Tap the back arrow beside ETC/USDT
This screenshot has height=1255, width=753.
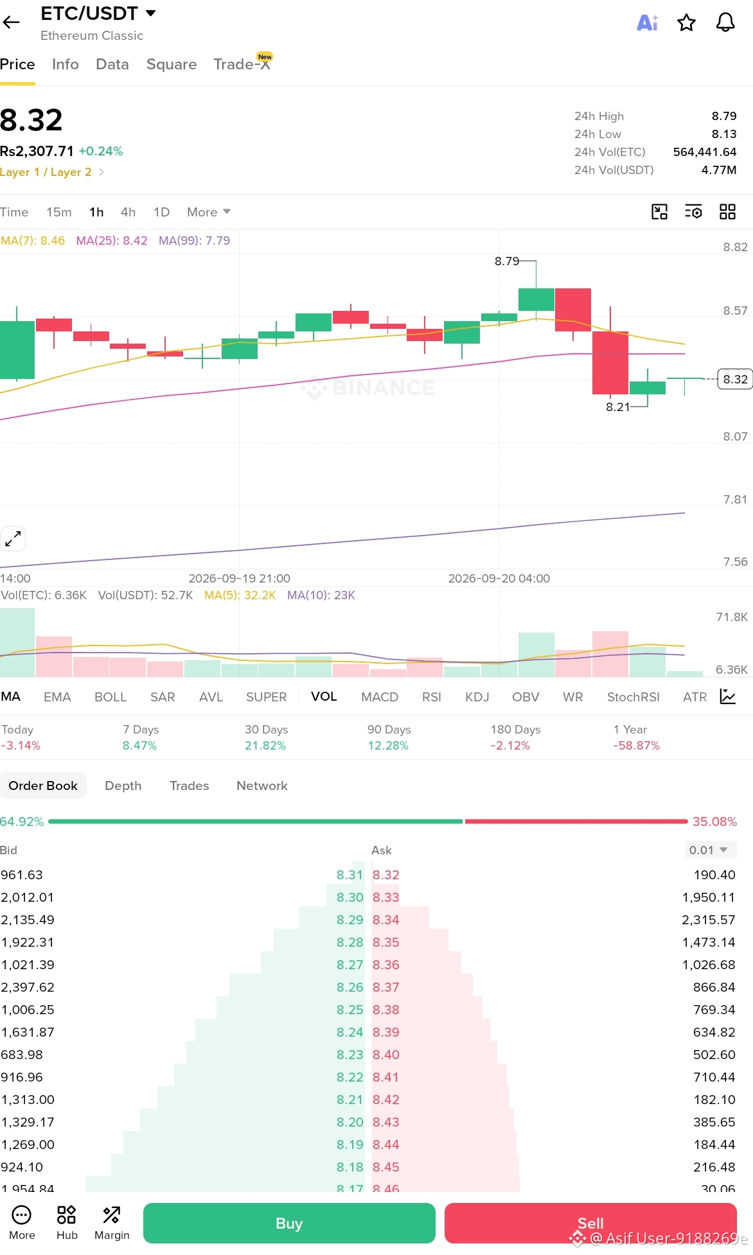(x=11, y=22)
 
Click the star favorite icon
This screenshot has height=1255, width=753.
(x=687, y=23)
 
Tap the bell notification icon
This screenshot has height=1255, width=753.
(x=725, y=23)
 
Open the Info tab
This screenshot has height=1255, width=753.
(x=66, y=64)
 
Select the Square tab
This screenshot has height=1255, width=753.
(x=172, y=64)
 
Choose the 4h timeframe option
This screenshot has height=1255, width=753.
(x=128, y=212)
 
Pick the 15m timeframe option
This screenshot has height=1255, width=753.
(x=59, y=212)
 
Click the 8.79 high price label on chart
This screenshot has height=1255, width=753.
(x=507, y=261)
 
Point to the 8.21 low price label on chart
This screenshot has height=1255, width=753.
(x=618, y=407)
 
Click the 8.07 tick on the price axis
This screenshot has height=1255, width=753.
(x=735, y=436)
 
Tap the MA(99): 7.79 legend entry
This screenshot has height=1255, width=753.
(x=194, y=240)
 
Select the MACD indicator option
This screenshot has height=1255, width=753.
(x=380, y=697)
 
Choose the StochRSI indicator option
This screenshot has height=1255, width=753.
(x=633, y=697)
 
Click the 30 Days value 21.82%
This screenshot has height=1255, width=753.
(x=265, y=746)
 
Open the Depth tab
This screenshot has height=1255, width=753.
(x=123, y=785)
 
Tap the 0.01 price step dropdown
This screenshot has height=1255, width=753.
(x=709, y=850)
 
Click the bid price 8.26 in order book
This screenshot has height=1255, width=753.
(x=350, y=987)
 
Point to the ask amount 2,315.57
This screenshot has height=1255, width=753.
(x=709, y=920)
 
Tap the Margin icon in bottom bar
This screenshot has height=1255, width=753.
(x=112, y=1223)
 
